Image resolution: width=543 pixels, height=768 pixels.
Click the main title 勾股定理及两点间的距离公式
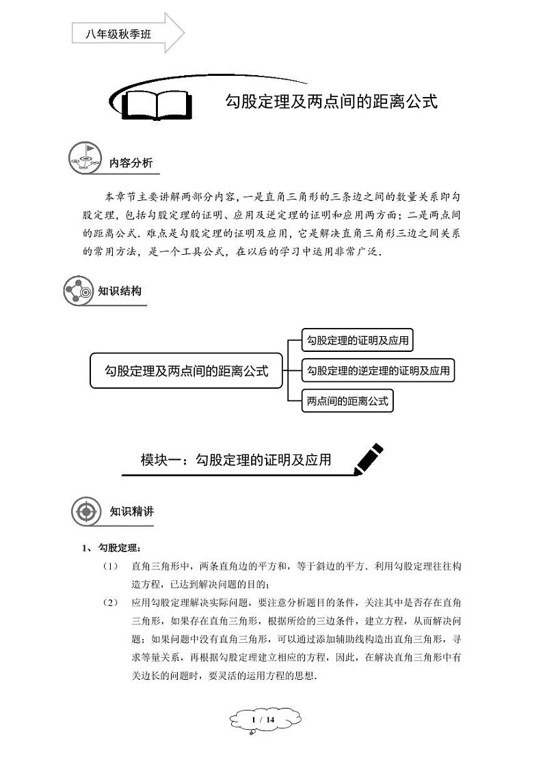pyautogui.click(x=331, y=102)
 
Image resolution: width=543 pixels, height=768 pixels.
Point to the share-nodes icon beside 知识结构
pyautogui.click(x=78, y=291)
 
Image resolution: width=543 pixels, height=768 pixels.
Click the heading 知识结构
pyautogui.click(x=120, y=291)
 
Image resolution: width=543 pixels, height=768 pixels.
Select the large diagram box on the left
pyautogui.click(x=186, y=371)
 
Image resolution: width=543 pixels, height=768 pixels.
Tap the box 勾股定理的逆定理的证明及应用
pyautogui.click(x=378, y=370)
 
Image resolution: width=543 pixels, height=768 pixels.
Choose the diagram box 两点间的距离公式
pyautogui.click(x=347, y=401)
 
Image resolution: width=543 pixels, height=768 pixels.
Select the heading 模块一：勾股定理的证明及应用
pyautogui.click(x=236, y=460)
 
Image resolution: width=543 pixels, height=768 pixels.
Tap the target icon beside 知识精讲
pyautogui.click(x=86, y=512)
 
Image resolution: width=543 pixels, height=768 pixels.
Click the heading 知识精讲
pyautogui.click(x=131, y=512)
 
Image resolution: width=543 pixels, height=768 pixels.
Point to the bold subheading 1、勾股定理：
pyautogui.click(x=111, y=548)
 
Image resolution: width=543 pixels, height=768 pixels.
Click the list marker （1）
pyautogui.click(x=110, y=566)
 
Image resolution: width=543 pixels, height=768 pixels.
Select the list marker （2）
pyautogui.click(x=110, y=603)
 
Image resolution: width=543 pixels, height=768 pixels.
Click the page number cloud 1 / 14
pyautogui.click(x=264, y=720)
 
